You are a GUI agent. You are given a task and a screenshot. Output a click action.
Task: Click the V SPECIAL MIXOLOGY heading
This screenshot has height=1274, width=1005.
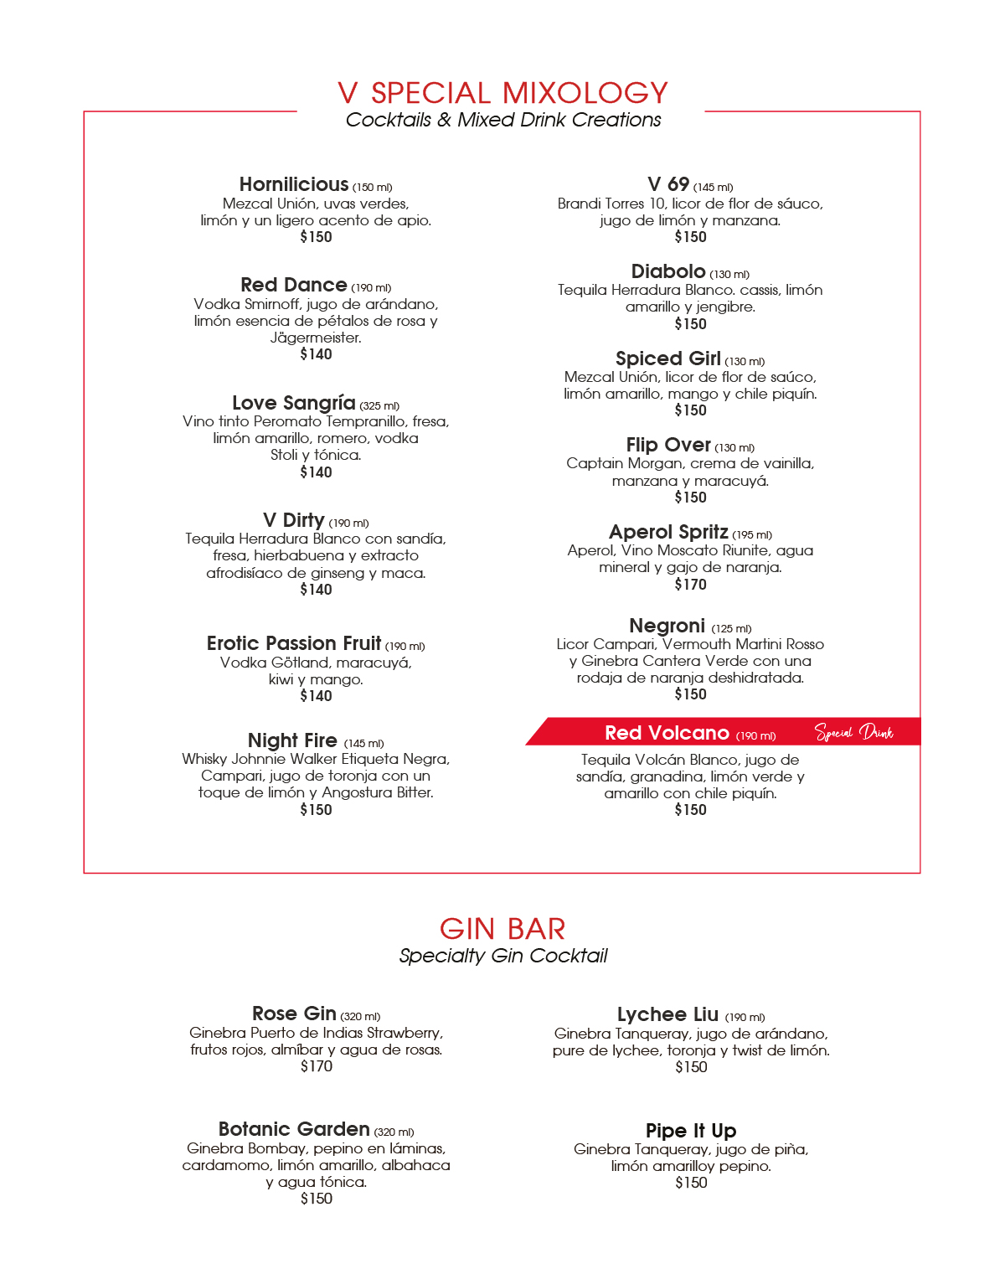(x=502, y=93)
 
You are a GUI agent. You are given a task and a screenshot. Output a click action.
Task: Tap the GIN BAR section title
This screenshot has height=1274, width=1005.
(x=502, y=929)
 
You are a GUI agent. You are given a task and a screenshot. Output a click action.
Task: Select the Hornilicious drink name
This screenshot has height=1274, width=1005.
(x=293, y=184)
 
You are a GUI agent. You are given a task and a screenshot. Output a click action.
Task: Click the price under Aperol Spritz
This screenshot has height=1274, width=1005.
(x=690, y=585)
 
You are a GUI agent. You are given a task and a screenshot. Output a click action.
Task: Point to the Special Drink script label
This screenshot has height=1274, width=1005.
(x=854, y=733)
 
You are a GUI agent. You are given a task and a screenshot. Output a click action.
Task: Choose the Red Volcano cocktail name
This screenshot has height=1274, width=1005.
(x=667, y=734)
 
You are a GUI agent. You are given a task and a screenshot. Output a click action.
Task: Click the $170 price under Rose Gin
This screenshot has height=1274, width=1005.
(x=317, y=1066)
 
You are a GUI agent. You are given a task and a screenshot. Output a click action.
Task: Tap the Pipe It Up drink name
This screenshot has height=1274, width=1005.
(x=691, y=1131)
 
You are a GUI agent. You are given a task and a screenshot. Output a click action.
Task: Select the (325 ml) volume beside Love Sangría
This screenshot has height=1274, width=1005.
(x=379, y=406)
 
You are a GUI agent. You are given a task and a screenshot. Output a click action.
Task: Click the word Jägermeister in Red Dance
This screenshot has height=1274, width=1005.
(x=316, y=338)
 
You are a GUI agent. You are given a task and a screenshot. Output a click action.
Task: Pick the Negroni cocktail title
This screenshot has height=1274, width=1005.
(x=667, y=627)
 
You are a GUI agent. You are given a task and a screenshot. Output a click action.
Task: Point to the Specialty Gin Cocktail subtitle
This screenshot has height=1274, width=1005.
(x=502, y=956)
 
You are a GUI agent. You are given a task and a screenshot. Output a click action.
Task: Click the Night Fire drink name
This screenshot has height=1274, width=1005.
(x=292, y=741)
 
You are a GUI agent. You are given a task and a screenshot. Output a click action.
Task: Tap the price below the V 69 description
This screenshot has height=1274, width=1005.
(x=690, y=237)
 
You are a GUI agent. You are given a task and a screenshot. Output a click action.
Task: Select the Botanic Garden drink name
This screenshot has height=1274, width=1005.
(x=294, y=1129)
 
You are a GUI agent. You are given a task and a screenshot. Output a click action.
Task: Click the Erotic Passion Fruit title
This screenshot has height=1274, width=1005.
(x=294, y=643)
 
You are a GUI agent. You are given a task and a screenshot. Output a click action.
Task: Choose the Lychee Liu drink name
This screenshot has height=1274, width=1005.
(x=667, y=1015)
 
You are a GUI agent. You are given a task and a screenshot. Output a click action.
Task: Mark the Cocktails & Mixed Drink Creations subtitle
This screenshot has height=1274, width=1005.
(x=502, y=120)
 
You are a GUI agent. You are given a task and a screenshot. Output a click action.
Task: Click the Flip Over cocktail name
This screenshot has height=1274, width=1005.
(x=667, y=445)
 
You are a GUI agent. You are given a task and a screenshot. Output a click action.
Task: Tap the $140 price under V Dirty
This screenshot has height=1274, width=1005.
(x=316, y=590)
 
